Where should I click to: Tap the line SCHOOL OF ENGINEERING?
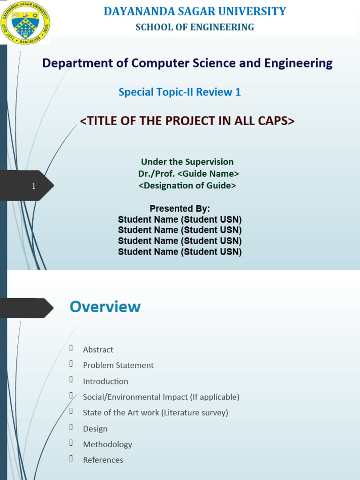tap(195, 27)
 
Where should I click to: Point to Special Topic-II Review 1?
tap(180, 92)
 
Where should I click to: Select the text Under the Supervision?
tap(187, 162)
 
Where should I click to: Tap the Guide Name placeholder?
tap(208, 173)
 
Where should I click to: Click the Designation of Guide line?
tap(187, 185)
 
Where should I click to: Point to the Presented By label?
tap(180, 209)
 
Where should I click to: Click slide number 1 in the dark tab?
tap(34, 187)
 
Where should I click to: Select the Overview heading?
tap(105, 307)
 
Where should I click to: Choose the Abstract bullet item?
tap(98, 350)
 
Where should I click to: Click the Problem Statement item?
tap(118, 365)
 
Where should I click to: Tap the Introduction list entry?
tap(105, 381)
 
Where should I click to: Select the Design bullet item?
tap(95, 428)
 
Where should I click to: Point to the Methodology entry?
tap(107, 444)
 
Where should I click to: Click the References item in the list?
tap(103, 460)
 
